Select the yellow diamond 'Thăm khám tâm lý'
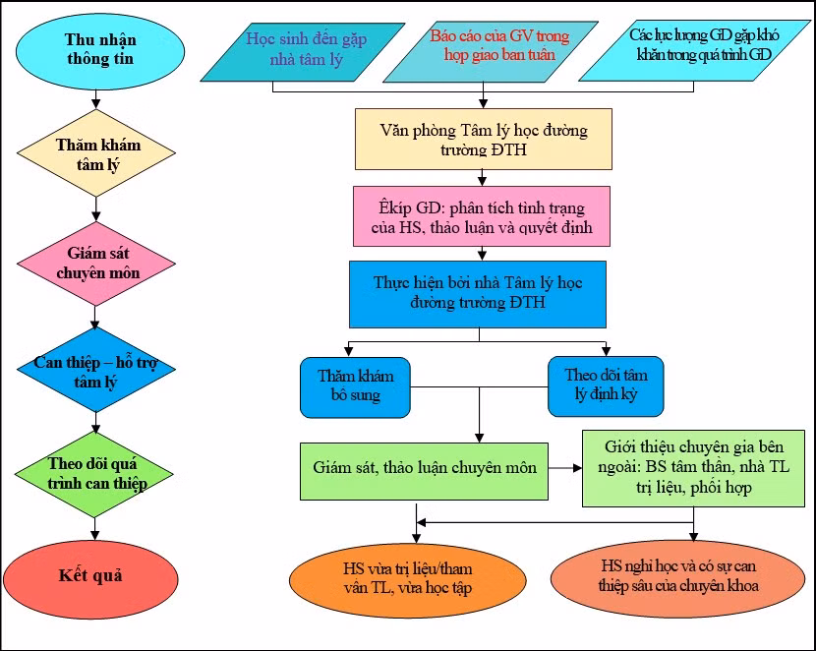click(x=97, y=154)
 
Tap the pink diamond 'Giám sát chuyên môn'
click(x=97, y=264)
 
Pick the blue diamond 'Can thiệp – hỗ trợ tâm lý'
click(x=96, y=372)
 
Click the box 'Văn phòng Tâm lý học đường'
click(x=482, y=139)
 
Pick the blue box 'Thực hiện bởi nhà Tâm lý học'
click(x=478, y=293)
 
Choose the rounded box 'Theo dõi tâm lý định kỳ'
click(x=606, y=386)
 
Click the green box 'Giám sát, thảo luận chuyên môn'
click(x=425, y=469)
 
